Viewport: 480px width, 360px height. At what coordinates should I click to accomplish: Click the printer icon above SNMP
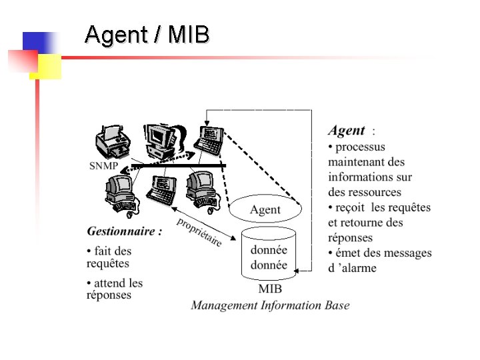[x=109, y=142]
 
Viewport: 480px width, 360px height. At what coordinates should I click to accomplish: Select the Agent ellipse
[x=265, y=209]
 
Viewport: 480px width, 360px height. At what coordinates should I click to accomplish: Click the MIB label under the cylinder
[x=269, y=289]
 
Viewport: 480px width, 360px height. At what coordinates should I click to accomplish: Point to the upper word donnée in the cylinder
[x=269, y=250]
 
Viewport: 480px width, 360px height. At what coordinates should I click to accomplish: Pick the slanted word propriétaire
[x=199, y=232]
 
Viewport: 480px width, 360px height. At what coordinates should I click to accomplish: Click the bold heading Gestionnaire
[x=124, y=231]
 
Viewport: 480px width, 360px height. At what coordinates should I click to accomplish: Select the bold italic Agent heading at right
[x=347, y=131]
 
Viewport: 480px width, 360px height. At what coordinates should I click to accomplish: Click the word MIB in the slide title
[x=189, y=34]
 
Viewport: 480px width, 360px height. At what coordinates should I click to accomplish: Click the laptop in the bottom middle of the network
[x=162, y=189]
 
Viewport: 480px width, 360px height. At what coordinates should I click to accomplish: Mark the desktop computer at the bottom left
[x=121, y=193]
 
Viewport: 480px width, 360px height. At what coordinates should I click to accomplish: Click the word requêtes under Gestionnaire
[x=108, y=264]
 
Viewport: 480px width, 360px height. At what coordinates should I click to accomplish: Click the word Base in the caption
[x=337, y=305]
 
